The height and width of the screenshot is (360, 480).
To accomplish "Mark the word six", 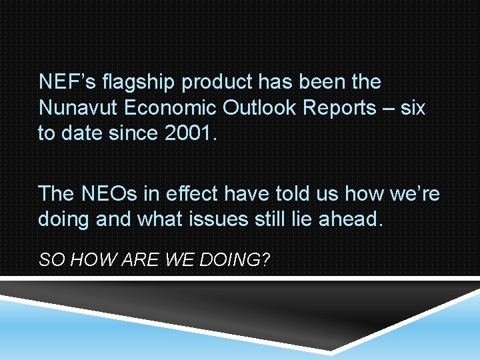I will click(413, 107).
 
